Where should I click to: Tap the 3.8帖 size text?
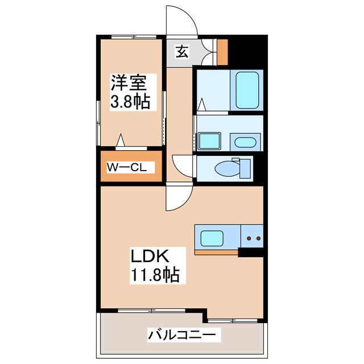130,102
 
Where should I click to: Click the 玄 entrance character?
181,53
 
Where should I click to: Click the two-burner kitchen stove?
252,237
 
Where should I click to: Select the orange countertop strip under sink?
216,251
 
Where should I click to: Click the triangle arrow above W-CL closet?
121,139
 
